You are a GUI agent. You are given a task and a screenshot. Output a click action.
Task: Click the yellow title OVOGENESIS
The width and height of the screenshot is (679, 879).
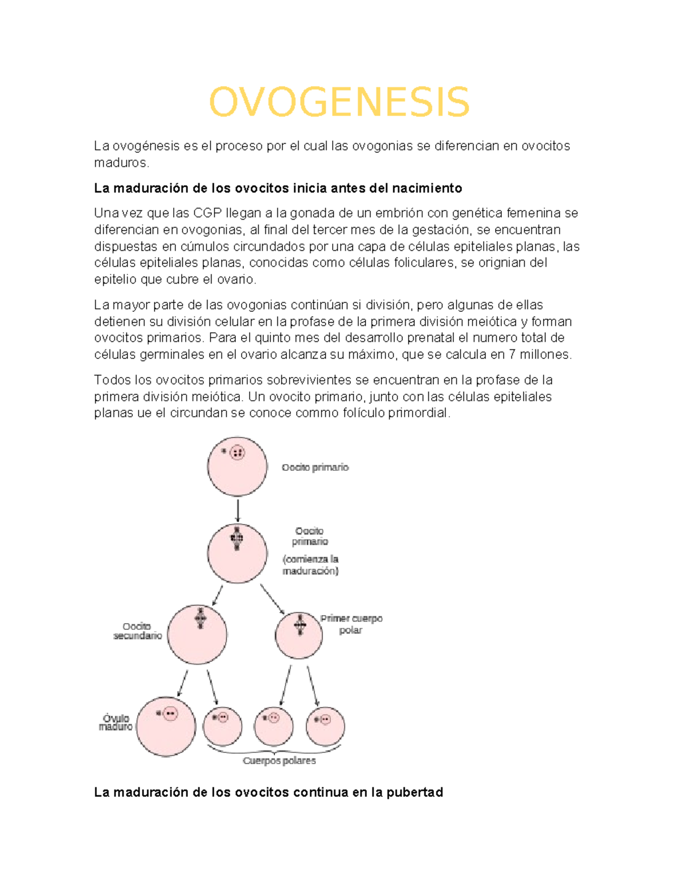click(339, 102)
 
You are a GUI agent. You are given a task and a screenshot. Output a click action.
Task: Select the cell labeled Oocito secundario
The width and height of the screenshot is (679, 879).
click(197, 634)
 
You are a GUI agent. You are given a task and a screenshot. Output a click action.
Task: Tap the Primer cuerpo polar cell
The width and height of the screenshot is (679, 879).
click(299, 635)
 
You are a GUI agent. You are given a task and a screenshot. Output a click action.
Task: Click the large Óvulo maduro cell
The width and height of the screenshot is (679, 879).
click(166, 726)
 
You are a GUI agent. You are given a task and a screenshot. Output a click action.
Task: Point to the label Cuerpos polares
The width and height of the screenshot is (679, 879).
click(279, 761)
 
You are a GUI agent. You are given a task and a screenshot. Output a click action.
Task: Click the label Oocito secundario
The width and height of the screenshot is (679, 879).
click(137, 631)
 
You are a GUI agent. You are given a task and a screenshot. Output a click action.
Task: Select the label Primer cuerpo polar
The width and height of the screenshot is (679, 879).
click(351, 624)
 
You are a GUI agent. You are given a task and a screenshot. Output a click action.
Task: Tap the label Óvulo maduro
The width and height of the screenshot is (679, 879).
click(116, 722)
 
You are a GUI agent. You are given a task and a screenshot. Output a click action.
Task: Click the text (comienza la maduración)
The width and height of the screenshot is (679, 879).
click(311, 565)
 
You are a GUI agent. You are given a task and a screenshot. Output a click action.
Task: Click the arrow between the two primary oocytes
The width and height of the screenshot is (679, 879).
click(238, 510)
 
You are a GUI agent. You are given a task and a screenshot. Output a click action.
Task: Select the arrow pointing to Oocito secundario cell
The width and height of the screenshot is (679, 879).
click(217, 595)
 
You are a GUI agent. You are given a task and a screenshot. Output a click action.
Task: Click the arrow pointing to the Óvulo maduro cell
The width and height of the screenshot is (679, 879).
click(182, 684)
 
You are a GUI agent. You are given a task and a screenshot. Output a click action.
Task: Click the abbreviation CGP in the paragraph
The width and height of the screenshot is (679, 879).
click(208, 213)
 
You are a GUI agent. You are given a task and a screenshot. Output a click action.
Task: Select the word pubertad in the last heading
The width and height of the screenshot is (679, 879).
click(415, 792)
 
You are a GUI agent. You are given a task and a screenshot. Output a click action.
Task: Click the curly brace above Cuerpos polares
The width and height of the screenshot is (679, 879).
click(275, 751)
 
